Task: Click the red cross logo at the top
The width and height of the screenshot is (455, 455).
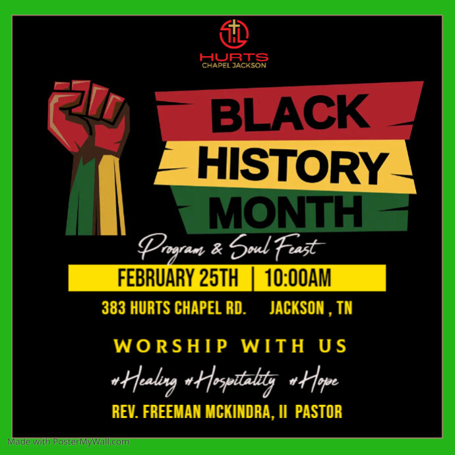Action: tap(233, 34)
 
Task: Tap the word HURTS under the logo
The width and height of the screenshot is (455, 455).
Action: tap(233, 57)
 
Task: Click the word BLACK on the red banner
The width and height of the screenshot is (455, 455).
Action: tap(289, 113)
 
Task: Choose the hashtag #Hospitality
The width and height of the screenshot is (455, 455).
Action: tap(230, 380)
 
